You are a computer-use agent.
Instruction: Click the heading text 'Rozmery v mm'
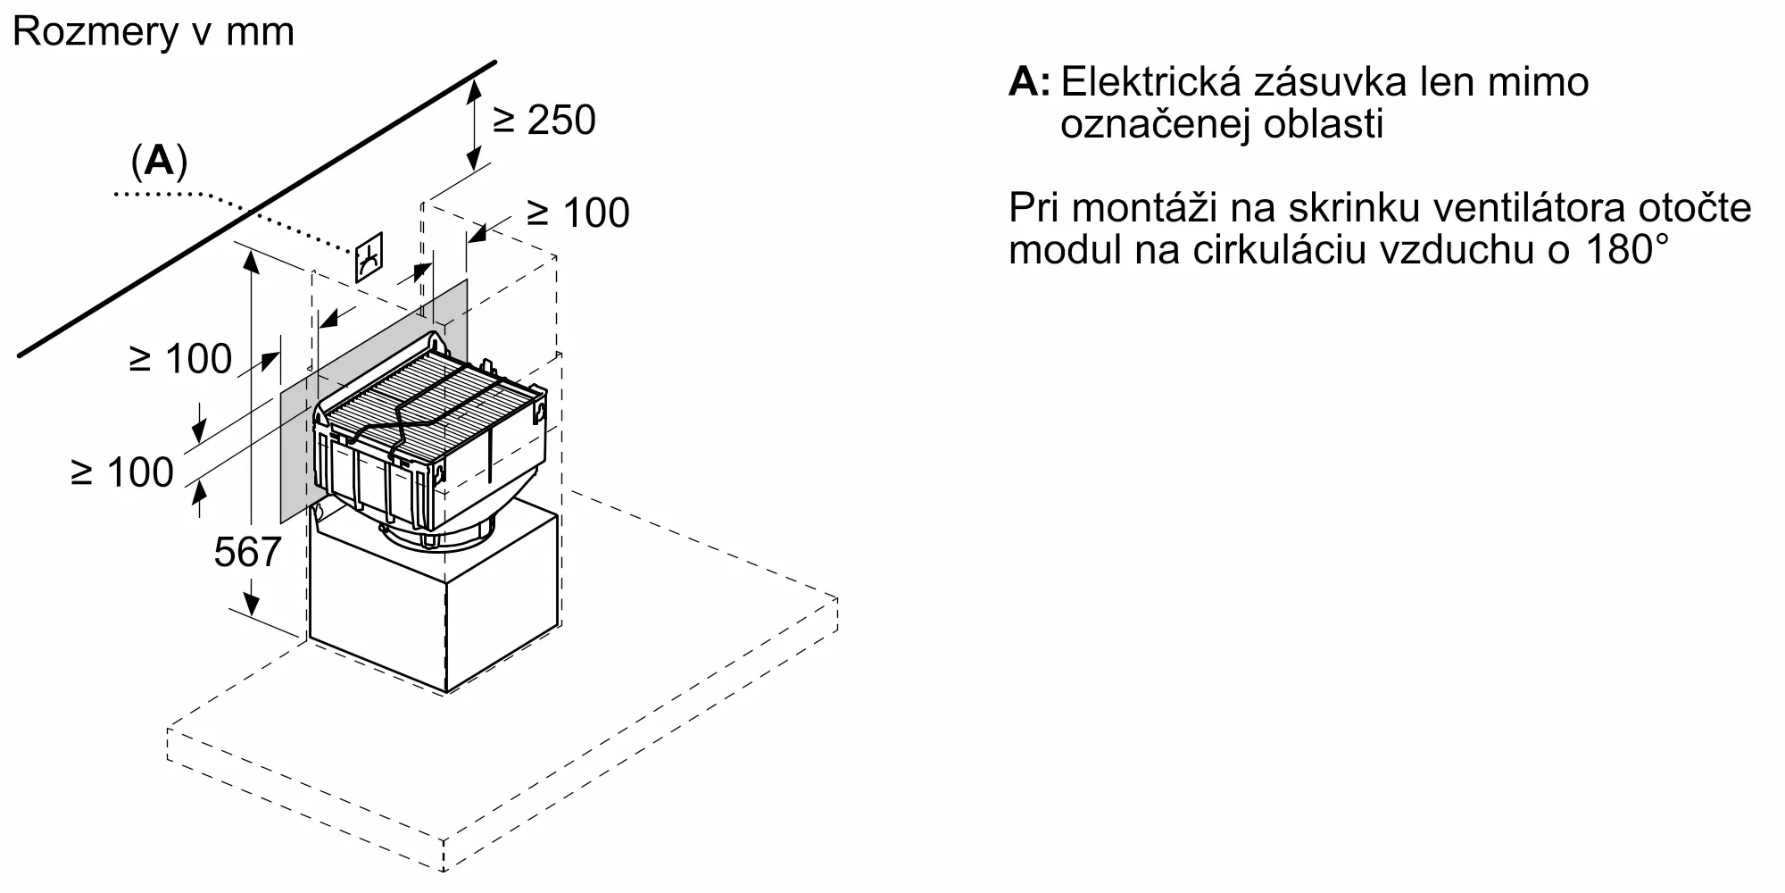click(x=154, y=32)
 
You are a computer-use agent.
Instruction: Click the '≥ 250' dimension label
click(x=544, y=121)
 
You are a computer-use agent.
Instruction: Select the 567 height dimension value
click(x=248, y=552)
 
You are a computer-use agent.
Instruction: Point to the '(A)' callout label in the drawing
click(x=160, y=161)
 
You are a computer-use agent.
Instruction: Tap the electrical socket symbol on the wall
click(x=370, y=258)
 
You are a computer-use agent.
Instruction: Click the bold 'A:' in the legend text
click(x=1030, y=82)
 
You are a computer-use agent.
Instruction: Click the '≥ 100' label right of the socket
click(x=578, y=213)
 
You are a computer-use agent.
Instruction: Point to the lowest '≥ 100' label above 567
click(x=122, y=472)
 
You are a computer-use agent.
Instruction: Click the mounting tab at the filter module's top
click(x=436, y=342)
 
